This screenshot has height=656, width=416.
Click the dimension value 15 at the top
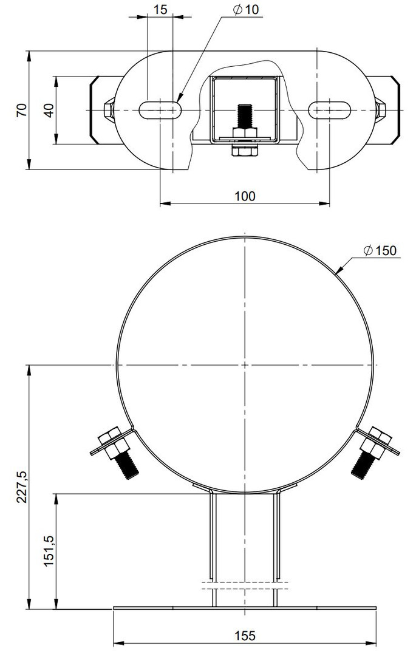[160, 10]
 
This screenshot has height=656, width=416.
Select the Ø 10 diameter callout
[247, 10]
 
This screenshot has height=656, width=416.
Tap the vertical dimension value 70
[22, 110]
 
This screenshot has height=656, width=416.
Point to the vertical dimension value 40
[49, 110]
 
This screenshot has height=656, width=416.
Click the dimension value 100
[245, 196]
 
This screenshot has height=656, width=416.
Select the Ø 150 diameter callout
[380, 251]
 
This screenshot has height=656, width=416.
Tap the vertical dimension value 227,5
[22, 487]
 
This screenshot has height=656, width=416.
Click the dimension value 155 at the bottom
[245, 636]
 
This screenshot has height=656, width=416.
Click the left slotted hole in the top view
[160, 110]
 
